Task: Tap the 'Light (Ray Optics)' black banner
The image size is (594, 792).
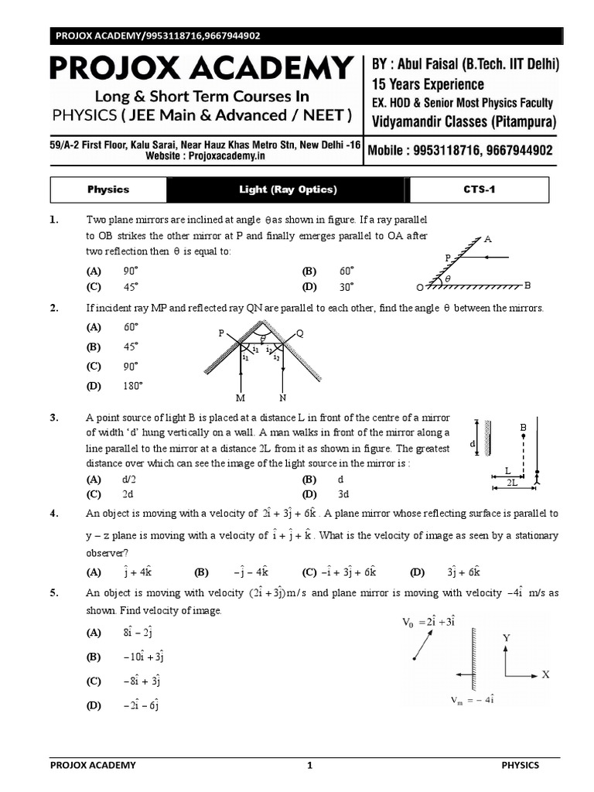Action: (288, 189)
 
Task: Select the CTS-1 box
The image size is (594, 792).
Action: (479, 189)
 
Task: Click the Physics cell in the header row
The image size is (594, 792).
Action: (108, 189)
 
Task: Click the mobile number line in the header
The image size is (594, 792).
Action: (462, 151)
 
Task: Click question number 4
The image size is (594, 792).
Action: (54, 513)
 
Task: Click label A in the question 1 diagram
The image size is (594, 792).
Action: (487, 239)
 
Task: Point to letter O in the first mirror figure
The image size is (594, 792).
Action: (419, 287)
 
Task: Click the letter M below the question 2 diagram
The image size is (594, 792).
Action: (241, 398)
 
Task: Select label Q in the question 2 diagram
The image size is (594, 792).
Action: (300, 333)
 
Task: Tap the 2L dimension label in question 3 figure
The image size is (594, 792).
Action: (512, 482)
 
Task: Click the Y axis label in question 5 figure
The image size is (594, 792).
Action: (506, 637)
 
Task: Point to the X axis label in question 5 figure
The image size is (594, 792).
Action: (545, 674)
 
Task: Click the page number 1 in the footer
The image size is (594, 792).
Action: (309, 765)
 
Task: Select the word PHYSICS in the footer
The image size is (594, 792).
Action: (521, 765)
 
